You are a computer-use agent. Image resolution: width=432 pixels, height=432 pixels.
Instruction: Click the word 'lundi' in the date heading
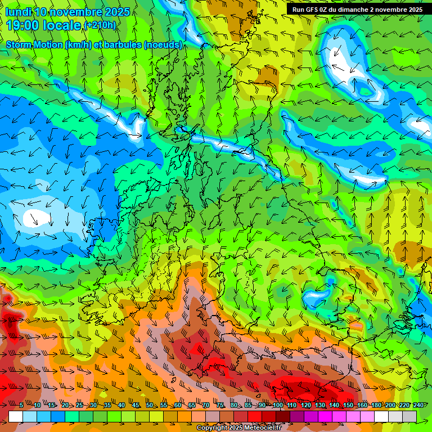pos(18,12)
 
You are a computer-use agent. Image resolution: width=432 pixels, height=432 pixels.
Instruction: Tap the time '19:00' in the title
pos(22,25)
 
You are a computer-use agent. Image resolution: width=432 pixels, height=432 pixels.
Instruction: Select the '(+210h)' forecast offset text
pos(100,25)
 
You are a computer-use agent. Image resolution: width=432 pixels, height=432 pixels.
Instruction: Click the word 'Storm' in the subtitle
pos(19,44)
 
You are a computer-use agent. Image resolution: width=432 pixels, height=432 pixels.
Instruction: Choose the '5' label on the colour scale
pos(21,406)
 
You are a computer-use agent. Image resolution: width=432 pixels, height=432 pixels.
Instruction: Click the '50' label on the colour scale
pos(150,406)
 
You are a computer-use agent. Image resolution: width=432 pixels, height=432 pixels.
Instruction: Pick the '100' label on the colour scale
pos(278,406)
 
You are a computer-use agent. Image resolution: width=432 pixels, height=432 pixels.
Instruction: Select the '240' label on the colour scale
pos(418,406)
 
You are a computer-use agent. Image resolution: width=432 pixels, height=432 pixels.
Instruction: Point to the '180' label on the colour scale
pos(376,406)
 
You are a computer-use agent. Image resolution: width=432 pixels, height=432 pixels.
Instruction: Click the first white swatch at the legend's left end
pos(16,416)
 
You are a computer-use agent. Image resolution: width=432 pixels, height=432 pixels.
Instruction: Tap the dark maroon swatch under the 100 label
pos(283,416)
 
